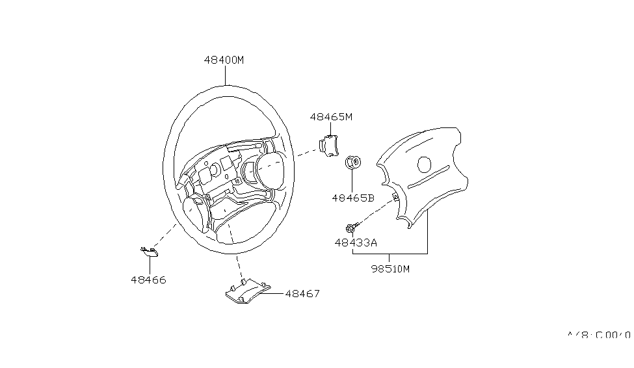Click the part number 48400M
[224, 60]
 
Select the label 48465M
[330, 117]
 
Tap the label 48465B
[352, 198]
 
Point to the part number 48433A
[356, 243]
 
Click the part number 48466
[148, 280]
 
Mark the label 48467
[302, 294]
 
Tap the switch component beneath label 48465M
[328, 147]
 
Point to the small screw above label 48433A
[351, 228]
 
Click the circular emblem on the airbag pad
[425, 164]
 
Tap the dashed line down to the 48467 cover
[239, 265]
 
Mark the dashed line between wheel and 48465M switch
[308, 153]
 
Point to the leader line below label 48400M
[225, 75]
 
